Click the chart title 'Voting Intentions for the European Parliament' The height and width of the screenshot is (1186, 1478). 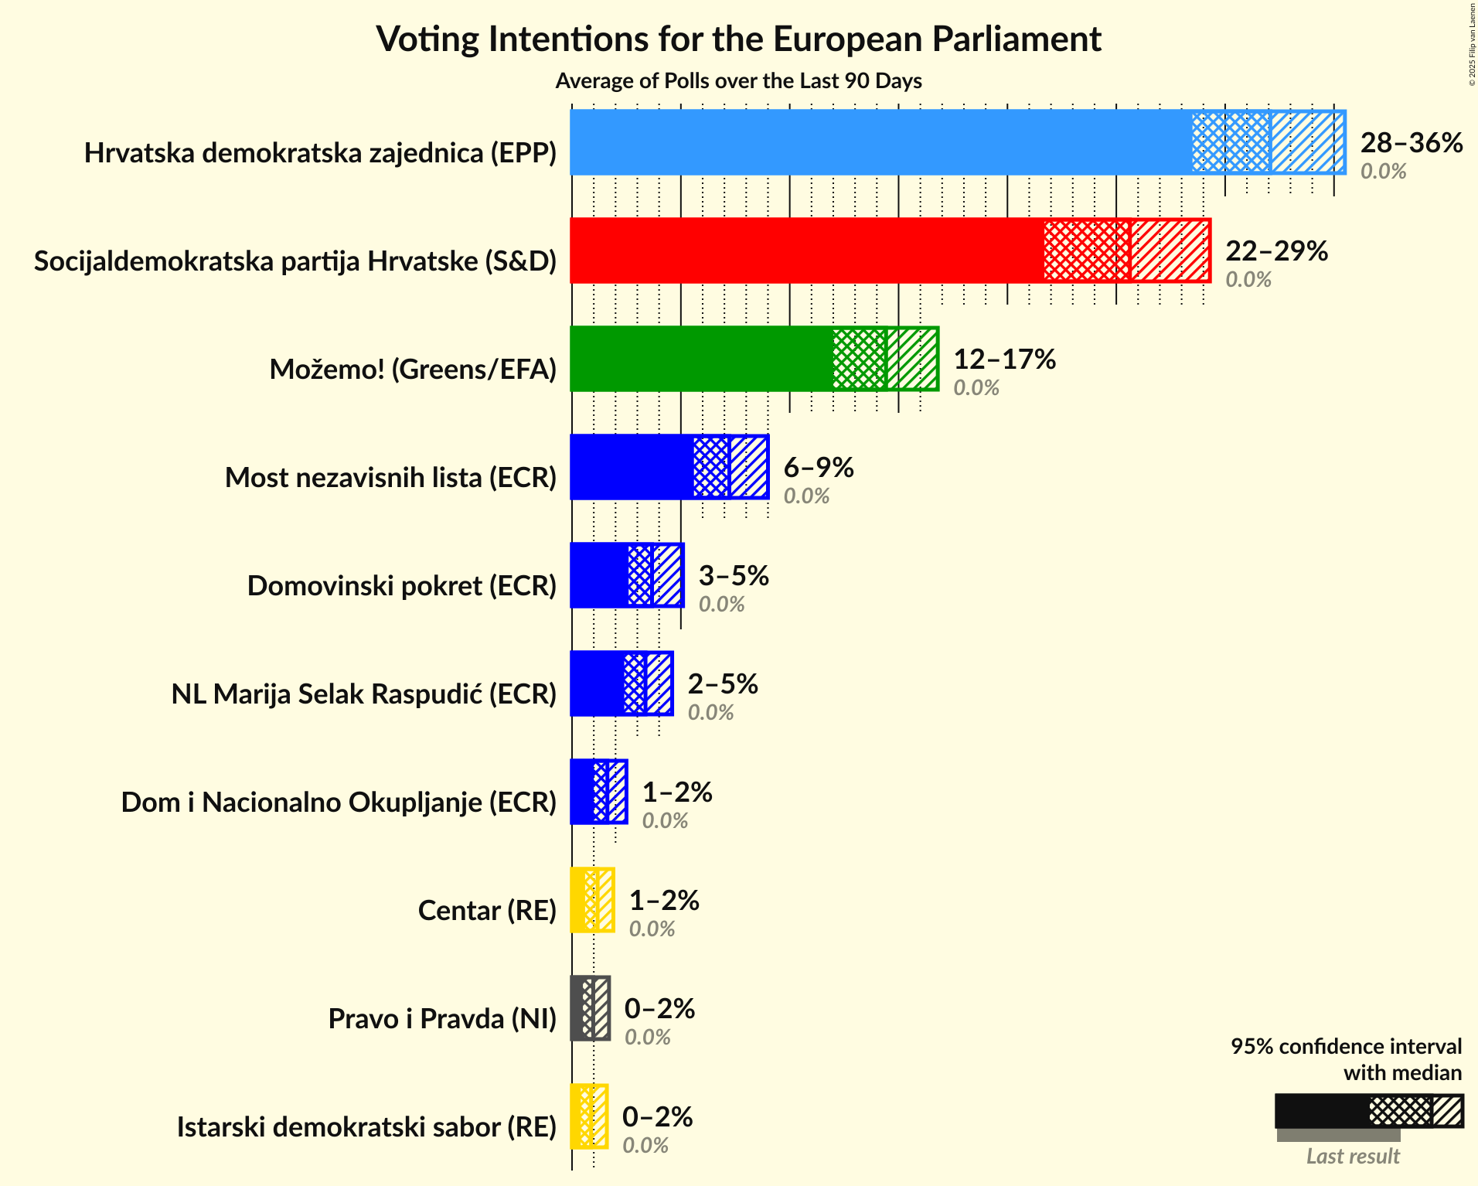click(738, 39)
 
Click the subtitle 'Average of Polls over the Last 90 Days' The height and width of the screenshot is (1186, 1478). click(738, 81)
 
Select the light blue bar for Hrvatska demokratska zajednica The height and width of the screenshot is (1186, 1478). click(881, 142)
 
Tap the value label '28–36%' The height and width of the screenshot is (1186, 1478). click(1412, 143)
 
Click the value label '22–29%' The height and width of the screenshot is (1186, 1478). click(1276, 251)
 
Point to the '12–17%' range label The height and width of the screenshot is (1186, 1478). click(1004, 360)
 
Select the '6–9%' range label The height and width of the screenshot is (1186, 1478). click(819, 468)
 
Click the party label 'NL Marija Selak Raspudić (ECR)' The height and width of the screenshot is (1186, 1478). click(364, 694)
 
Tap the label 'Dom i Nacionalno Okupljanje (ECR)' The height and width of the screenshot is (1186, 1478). click(339, 803)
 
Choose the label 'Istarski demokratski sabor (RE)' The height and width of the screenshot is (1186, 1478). click(366, 1127)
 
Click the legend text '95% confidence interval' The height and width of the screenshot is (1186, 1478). click(1346, 1047)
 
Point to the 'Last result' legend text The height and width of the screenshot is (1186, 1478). click(1353, 1157)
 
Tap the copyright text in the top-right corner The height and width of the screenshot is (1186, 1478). click(1472, 43)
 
